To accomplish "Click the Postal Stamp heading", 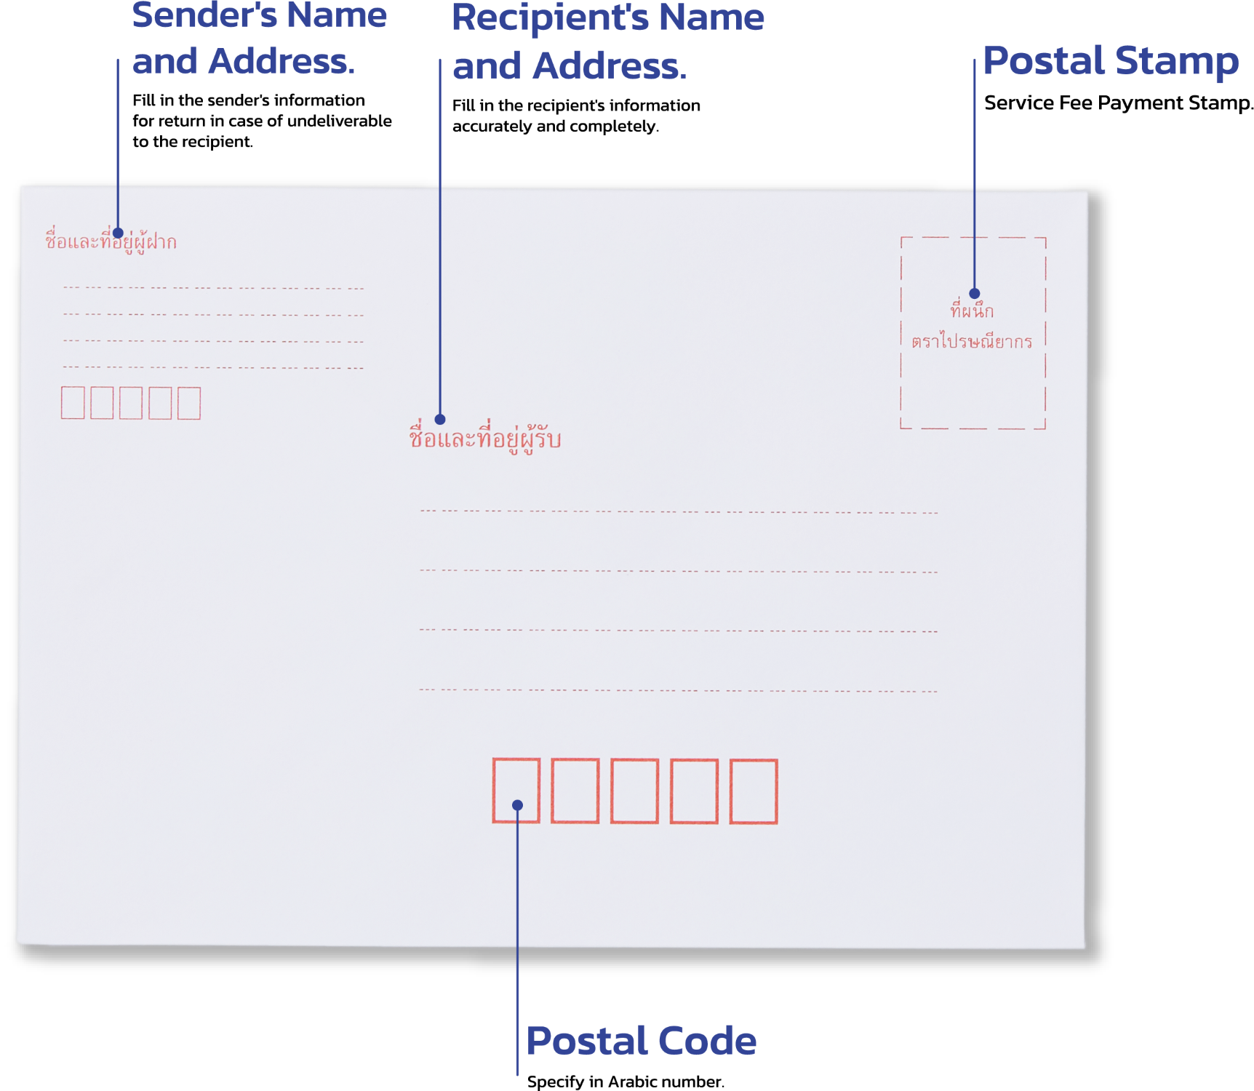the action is point(1111,60).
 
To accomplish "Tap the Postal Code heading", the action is point(641,1040).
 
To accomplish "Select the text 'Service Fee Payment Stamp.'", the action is point(1119,103).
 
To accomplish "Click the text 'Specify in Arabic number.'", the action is point(626,1082).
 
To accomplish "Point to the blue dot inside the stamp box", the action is point(975,294).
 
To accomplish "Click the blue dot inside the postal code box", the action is point(518,805).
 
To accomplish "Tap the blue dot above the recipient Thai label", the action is point(440,420).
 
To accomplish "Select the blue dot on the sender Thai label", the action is point(118,233).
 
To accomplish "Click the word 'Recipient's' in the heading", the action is point(550,18).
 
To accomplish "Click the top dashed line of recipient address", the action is point(679,512).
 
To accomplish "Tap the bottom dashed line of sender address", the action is point(213,367).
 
